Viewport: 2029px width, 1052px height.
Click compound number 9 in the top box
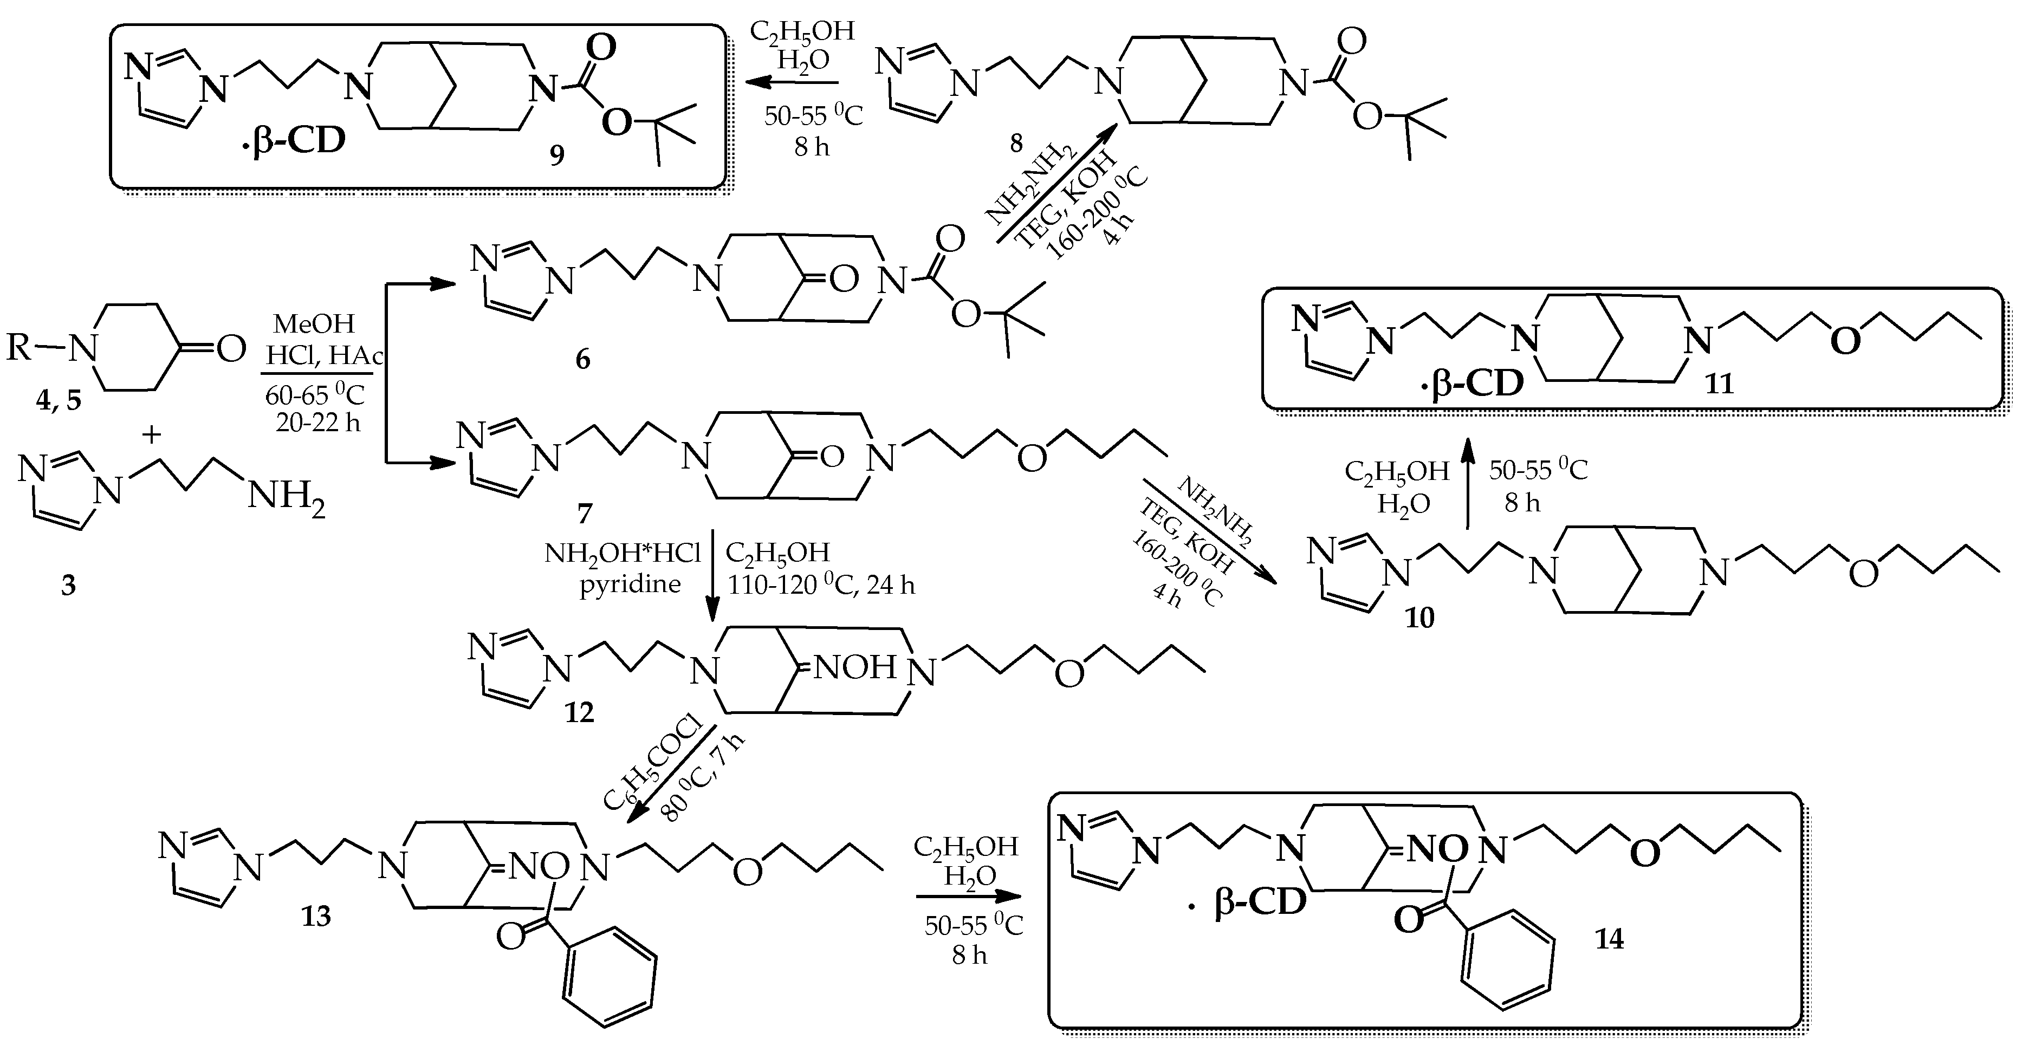[x=557, y=155]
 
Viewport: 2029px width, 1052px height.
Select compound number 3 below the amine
[x=68, y=585]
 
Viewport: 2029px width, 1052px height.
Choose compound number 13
[x=316, y=917]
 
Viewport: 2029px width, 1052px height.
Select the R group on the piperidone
[x=20, y=347]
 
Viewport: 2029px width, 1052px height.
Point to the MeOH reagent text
[x=314, y=323]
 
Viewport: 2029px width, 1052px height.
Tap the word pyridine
[x=630, y=585]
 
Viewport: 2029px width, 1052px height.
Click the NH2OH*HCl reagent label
[x=623, y=554]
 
